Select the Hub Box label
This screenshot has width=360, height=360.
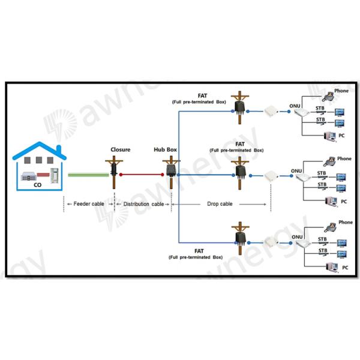(x=167, y=149)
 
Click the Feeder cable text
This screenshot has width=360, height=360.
(x=89, y=204)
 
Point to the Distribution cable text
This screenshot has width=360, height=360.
(x=142, y=204)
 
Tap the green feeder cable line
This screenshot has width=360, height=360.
(x=88, y=175)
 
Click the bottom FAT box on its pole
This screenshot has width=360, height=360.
(x=241, y=238)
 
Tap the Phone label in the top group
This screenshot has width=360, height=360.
(x=341, y=91)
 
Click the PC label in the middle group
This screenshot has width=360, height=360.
(x=343, y=201)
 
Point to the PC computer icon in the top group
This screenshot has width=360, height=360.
(x=328, y=136)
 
